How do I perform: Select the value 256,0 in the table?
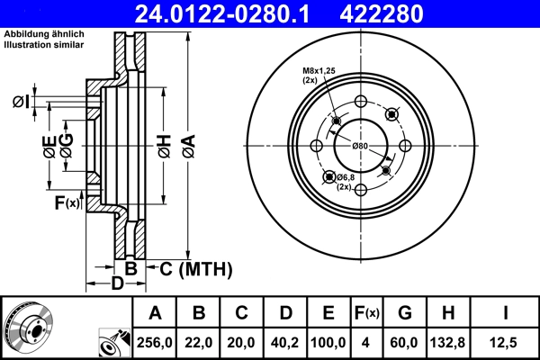[x=155, y=343]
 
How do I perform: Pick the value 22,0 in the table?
[x=199, y=343]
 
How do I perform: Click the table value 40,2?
[x=285, y=343]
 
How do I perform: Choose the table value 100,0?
[x=328, y=343]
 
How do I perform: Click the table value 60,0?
[x=404, y=343]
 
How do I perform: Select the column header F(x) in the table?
[x=365, y=313]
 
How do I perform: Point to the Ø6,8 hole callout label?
[x=347, y=178]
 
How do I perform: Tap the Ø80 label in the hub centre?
[x=360, y=146]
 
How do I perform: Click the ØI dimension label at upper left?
[x=22, y=101]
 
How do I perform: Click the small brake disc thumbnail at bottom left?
[x=29, y=328]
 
